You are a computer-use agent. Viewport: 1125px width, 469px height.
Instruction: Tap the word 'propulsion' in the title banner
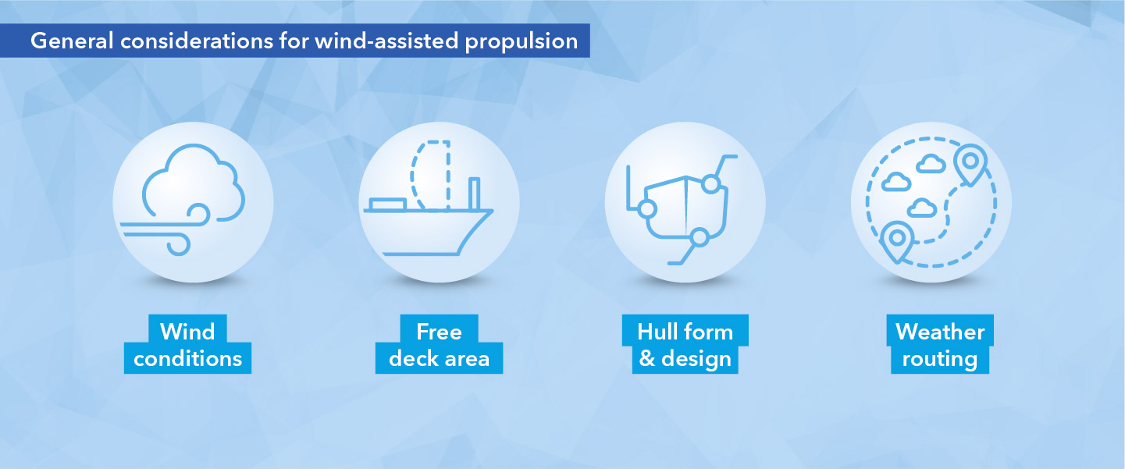[521, 41]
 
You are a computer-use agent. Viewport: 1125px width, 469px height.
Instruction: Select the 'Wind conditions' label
[187, 345]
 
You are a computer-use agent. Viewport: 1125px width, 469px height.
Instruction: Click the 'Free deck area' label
[439, 345]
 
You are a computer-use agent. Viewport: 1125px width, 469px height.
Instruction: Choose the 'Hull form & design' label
[685, 345]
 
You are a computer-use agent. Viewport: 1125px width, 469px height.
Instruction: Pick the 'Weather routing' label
[940, 345]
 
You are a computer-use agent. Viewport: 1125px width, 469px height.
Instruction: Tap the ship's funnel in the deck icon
[474, 194]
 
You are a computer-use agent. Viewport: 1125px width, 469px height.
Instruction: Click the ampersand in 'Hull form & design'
[646, 359]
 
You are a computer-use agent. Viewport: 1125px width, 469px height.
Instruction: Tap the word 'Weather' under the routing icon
[940, 332]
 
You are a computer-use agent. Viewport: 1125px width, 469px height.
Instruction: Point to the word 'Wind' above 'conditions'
[187, 332]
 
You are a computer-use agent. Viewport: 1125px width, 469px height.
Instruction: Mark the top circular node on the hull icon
[710, 184]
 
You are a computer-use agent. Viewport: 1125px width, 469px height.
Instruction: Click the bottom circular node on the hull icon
[700, 236]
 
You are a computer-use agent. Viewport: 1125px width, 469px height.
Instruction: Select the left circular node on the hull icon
[646, 209]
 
